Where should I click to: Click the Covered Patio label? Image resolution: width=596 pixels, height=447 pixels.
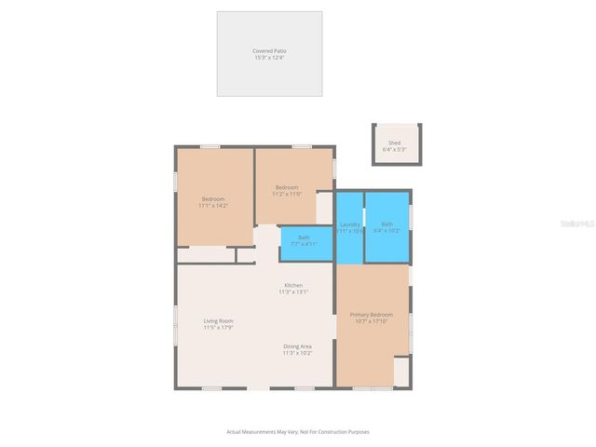(x=269, y=50)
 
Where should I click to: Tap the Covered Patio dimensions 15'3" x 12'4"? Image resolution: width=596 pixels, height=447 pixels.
(x=269, y=58)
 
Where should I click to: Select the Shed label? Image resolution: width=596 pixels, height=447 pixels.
(x=395, y=142)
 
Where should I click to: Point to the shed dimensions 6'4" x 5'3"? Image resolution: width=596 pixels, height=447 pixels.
(x=395, y=149)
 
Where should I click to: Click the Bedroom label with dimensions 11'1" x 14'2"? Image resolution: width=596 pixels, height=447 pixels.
(x=214, y=198)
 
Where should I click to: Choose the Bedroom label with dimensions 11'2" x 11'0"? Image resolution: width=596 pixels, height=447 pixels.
(x=286, y=187)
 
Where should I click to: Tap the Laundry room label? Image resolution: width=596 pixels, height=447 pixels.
(x=350, y=223)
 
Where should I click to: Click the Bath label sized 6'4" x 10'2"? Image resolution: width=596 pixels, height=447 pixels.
(x=386, y=223)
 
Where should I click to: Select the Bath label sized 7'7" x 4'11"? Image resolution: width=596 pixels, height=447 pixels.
(x=304, y=237)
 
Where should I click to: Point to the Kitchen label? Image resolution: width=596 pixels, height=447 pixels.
(x=293, y=285)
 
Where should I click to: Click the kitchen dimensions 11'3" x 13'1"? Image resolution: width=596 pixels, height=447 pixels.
(x=293, y=291)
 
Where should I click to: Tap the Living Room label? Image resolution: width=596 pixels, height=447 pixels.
(x=219, y=321)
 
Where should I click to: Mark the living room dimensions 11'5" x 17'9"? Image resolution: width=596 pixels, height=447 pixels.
(x=219, y=328)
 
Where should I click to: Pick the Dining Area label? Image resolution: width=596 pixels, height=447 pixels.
(x=298, y=346)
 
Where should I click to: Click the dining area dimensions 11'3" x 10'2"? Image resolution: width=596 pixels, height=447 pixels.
(x=298, y=353)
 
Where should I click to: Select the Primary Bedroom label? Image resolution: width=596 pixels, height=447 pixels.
(x=372, y=315)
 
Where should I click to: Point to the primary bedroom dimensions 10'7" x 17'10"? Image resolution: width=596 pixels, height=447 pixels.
(x=372, y=321)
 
